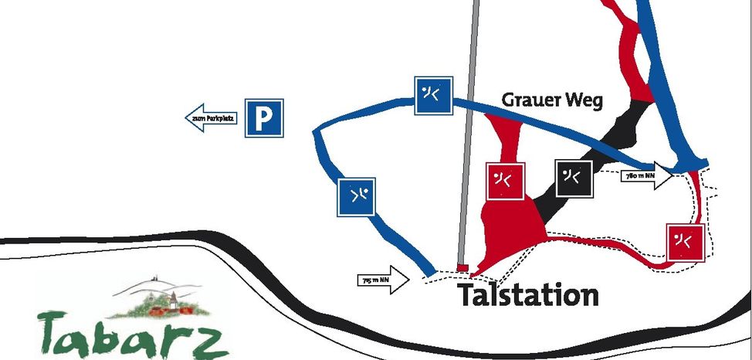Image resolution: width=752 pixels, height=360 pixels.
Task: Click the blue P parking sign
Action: click(264, 118)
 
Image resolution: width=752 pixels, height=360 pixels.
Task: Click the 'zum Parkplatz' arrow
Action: click(212, 118)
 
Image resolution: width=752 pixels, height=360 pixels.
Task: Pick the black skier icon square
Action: click(574, 178)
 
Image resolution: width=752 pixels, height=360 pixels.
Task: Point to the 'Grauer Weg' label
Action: click(551, 100)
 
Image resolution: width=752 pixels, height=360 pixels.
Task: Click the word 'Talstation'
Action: click(528, 294)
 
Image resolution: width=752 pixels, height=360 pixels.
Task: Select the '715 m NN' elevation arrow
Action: click(384, 280)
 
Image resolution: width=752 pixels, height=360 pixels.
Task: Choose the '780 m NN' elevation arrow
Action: click(645, 176)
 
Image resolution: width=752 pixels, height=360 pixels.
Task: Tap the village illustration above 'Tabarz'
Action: click(159, 297)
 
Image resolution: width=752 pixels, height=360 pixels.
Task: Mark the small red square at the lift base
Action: click(462, 267)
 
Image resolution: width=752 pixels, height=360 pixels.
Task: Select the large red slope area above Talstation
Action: click(510, 224)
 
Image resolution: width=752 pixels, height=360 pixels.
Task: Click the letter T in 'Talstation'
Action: click(466, 294)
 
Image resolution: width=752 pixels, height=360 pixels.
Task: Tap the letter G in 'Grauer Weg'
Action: click(510, 100)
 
